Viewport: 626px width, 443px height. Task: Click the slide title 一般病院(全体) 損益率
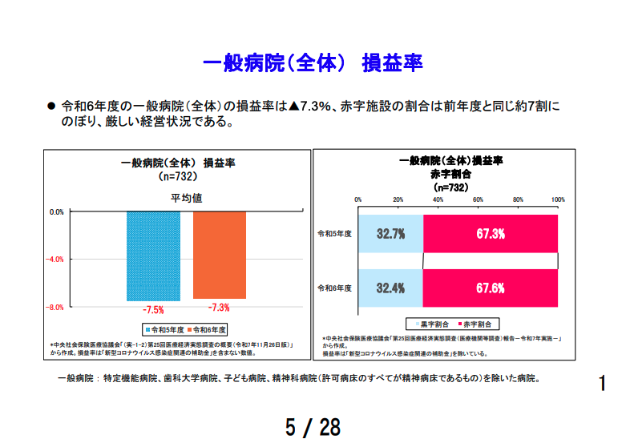pos(313,63)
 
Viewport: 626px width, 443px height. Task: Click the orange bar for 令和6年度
pos(219,255)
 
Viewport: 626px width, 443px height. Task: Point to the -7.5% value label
pos(153,309)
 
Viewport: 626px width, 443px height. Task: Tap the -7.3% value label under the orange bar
pos(219,308)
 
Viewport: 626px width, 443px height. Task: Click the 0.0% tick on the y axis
pos(56,212)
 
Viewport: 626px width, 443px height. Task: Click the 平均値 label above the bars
pos(186,197)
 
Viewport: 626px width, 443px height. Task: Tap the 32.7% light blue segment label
pos(390,234)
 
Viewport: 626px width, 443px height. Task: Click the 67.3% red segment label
pos(490,234)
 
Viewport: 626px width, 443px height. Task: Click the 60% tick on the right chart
pos(478,199)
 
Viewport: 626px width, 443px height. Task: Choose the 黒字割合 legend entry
pos(432,324)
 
